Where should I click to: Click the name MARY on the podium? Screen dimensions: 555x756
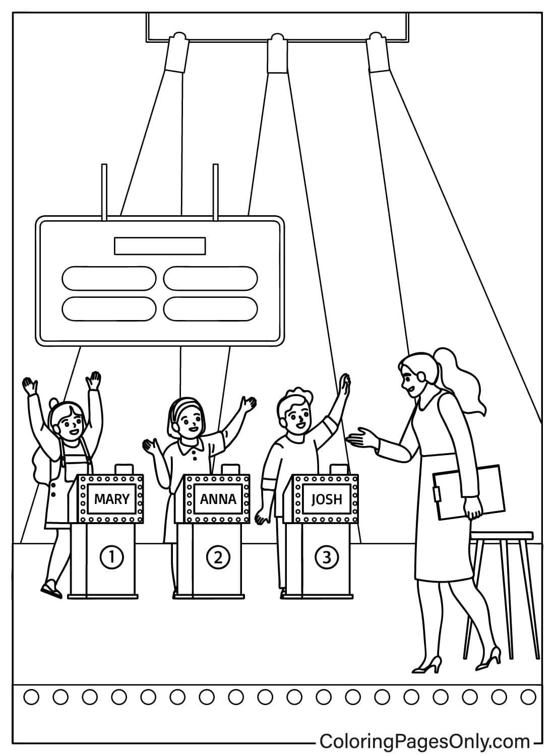click(x=111, y=499)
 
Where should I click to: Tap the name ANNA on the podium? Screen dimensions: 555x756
click(x=218, y=499)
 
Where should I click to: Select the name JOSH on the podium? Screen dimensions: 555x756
click(x=327, y=499)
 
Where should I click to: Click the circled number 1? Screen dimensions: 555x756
click(x=112, y=557)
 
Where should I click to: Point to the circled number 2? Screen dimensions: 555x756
click(x=218, y=557)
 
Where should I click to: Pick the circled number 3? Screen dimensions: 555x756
click(x=327, y=557)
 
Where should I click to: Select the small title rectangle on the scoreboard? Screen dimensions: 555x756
click(x=160, y=246)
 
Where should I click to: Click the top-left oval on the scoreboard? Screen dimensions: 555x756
click(x=109, y=278)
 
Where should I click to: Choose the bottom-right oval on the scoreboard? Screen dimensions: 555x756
click(x=210, y=308)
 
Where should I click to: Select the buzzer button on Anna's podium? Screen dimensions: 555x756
click(x=230, y=468)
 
